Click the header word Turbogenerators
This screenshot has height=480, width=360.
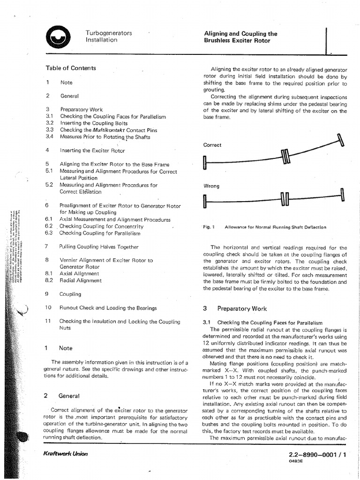108,33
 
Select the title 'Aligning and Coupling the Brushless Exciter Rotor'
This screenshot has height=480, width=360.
240,37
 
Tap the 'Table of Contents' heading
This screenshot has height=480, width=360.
70,68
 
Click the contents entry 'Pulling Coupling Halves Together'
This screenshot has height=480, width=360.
98,247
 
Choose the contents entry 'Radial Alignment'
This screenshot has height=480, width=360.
80,280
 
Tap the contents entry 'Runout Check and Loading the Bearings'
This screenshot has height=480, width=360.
107,308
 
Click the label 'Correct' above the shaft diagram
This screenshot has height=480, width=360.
212,145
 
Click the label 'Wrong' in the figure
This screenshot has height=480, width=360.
211,186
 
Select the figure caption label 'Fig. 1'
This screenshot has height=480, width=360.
208,227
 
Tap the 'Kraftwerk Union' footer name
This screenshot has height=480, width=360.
65,454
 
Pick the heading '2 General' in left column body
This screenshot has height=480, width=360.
62,396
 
